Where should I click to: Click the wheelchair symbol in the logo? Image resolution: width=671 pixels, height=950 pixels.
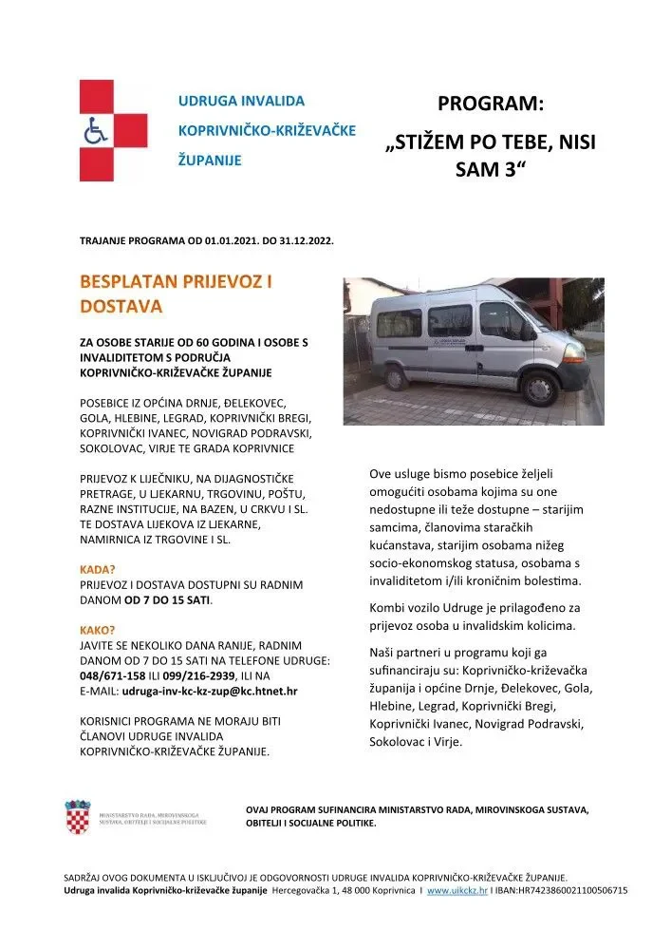point(96,131)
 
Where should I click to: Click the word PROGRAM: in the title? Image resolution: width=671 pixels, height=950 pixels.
point(491,104)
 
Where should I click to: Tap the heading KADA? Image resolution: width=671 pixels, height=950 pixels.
point(98,570)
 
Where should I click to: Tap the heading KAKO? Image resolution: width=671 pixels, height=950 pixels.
point(98,630)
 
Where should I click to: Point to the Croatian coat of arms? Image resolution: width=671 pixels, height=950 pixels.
point(78,818)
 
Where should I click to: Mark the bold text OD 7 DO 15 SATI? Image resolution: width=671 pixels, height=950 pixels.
point(168,600)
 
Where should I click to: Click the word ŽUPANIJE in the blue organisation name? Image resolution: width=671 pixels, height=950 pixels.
point(210,160)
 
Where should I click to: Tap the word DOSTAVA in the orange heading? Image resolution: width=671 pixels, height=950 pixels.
point(121,307)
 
